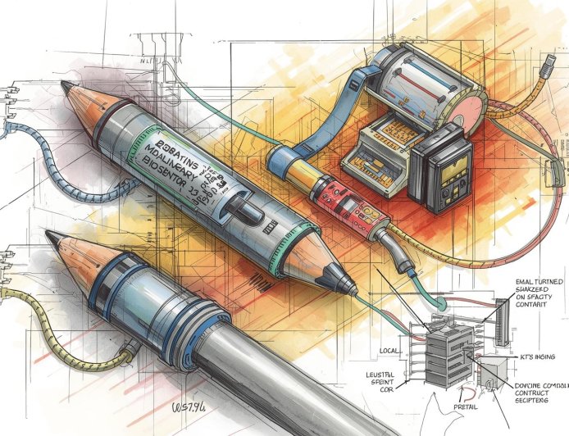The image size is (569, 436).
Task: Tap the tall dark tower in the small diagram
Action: pos(501,320)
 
